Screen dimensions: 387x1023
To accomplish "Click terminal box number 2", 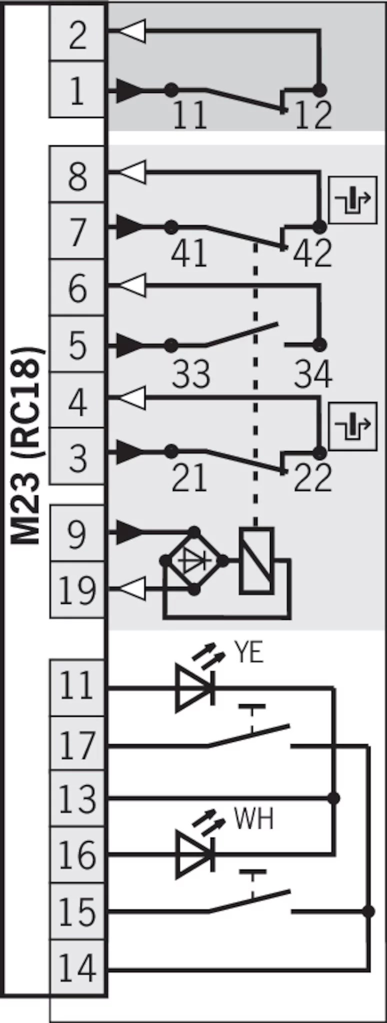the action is click(x=77, y=34).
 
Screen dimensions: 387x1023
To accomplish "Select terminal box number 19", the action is click(x=77, y=590).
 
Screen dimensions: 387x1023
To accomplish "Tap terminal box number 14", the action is click(x=77, y=968).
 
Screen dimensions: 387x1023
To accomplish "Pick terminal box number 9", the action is click(x=77, y=533).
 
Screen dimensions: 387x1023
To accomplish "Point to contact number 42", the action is click(x=312, y=253).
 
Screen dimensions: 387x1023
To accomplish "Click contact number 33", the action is click(x=190, y=374).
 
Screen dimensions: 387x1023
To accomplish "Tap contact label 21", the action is click(x=189, y=478).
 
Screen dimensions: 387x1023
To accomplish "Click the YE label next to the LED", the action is click(x=248, y=652).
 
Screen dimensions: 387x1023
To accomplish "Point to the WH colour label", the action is click(x=253, y=819).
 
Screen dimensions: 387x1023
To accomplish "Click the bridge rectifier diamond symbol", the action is click(x=194, y=560).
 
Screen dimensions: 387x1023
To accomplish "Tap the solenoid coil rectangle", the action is click(x=256, y=560).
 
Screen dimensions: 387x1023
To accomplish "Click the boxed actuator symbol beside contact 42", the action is click(x=352, y=200).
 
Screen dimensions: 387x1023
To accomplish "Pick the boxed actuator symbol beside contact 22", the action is click(x=352, y=426).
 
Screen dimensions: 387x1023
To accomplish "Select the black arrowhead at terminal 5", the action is click(x=129, y=345).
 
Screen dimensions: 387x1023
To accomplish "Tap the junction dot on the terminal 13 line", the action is click(x=334, y=798).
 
